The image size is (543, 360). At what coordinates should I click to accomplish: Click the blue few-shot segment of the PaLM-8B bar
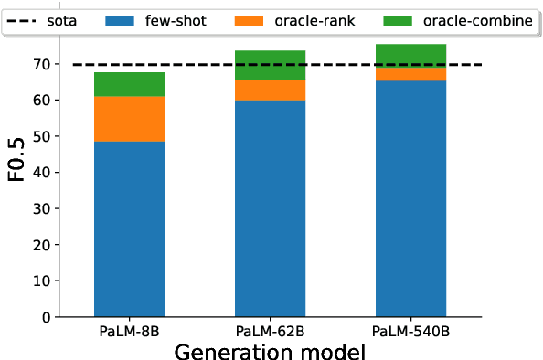tap(129, 228)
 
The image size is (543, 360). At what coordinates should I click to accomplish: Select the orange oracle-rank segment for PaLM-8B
tap(129, 119)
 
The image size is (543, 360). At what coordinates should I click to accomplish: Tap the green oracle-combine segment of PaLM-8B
tap(129, 84)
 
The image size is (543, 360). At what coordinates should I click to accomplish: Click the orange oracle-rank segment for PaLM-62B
tap(270, 90)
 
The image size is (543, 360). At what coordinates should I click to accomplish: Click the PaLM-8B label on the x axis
tap(129, 330)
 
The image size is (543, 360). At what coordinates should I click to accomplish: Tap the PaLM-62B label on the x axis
tap(270, 330)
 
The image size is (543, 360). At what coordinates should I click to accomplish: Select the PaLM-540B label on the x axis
tap(410, 330)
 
